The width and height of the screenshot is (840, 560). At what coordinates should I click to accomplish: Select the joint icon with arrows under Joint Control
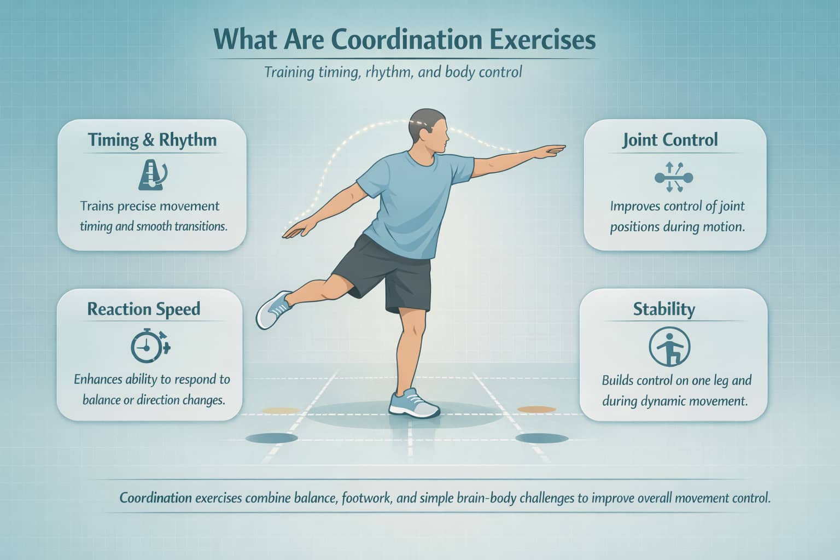[673, 177]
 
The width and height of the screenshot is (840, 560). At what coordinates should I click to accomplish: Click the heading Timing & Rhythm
[152, 140]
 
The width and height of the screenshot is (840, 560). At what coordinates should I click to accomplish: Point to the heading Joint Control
[670, 140]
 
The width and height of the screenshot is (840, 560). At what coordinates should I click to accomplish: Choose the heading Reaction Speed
[144, 309]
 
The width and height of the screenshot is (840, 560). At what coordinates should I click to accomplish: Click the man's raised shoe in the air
[273, 309]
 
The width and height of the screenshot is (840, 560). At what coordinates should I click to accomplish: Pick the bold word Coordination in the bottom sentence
[155, 498]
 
